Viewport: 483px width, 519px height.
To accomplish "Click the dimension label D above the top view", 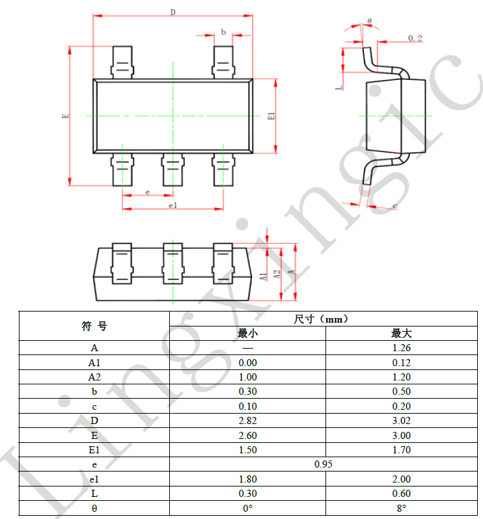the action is pos(172,12).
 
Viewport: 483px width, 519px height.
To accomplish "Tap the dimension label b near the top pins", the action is pos(223,32).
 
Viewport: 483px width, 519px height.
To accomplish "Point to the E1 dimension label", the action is pos(271,116).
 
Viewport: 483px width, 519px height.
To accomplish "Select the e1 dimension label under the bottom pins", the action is pos(173,206).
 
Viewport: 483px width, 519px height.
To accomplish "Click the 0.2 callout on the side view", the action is pos(415,38).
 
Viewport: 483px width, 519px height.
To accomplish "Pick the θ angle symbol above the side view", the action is pos(369,21).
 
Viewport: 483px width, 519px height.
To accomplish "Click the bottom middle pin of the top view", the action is pos(172,170).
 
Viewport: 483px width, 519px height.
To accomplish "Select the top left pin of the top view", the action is pos(122,62).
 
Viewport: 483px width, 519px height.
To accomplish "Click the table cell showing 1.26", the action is pos(401,348).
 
